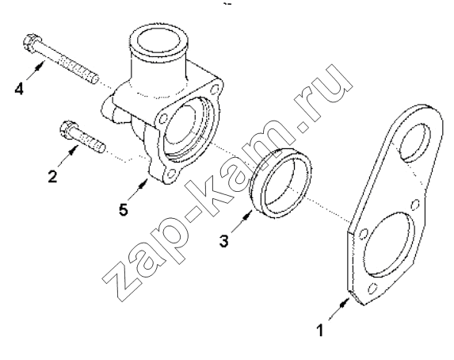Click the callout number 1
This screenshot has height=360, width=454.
[320, 330]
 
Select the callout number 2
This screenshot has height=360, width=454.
[52, 176]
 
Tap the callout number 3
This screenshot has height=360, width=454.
[223, 240]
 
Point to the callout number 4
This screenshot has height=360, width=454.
[19, 88]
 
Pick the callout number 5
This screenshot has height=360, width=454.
[124, 209]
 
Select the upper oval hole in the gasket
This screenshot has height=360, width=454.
[414, 142]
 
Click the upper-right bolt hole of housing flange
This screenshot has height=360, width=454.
[215, 88]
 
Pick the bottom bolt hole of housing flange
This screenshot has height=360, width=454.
[172, 174]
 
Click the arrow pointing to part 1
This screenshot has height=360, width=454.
[338, 309]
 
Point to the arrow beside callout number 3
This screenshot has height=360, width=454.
[242, 221]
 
